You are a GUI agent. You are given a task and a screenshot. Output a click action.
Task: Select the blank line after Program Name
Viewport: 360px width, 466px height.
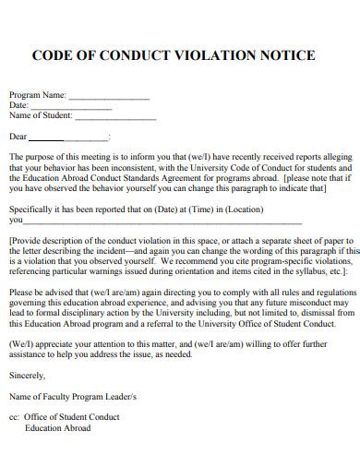[x=109, y=97]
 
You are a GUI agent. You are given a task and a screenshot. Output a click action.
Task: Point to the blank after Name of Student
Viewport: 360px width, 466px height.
[x=115, y=116]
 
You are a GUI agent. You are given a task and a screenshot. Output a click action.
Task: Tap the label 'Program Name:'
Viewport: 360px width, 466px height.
[x=38, y=95]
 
